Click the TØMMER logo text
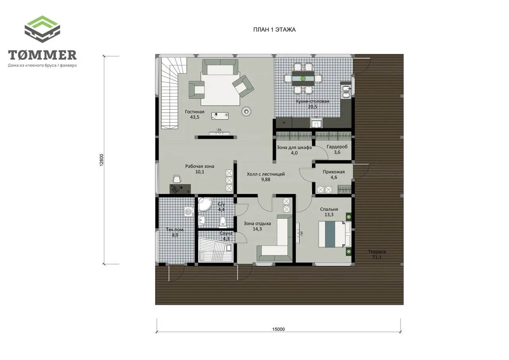pyautogui.click(x=42, y=55)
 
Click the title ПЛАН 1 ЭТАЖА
pyautogui.click(x=274, y=30)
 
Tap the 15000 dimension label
pyautogui.click(x=278, y=329)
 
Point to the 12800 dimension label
pyautogui.click(x=101, y=160)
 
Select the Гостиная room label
pyautogui.click(x=194, y=112)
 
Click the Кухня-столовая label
pyautogui.click(x=313, y=101)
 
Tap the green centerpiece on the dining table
pyautogui.click(x=303, y=79)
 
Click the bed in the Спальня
pyautogui.click(x=334, y=234)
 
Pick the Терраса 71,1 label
pyautogui.click(x=377, y=254)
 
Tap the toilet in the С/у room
pyautogui.click(x=223, y=222)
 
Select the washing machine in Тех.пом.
pyautogui.click(x=189, y=212)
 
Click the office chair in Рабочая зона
pyautogui.click(x=177, y=179)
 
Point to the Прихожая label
pyautogui.click(x=334, y=172)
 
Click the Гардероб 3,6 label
pyautogui.click(x=337, y=149)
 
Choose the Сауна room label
pyautogui.click(x=226, y=233)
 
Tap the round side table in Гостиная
pyautogui.click(x=246, y=111)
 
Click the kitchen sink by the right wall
pyautogui.click(x=346, y=91)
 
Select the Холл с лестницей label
pyautogui.click(x=266, y=174)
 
